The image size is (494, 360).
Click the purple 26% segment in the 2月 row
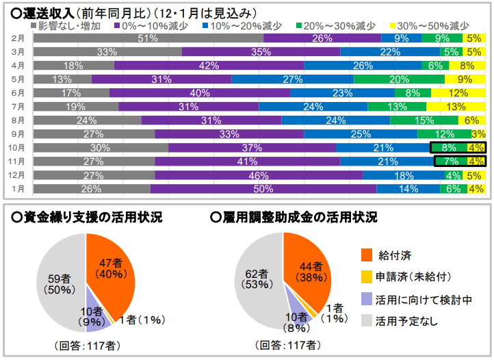click(322, 38)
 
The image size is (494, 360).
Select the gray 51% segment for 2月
click(148, 38)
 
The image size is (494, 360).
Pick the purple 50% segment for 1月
click(263, 189)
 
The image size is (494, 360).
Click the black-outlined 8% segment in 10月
click(448, 148)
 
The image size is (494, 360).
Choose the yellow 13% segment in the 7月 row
click(456, 107)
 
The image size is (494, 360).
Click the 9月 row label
click(18, 134)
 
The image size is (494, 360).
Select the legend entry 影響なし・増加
click(70, 25)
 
